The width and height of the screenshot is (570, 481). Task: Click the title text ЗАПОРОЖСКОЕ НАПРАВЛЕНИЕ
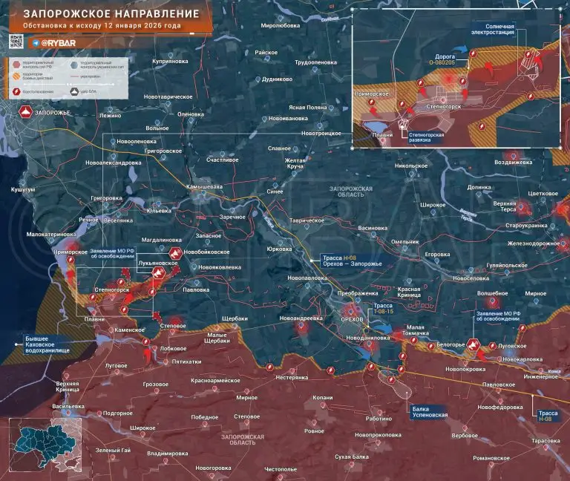pos(111,14)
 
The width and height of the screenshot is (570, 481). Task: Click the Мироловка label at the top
pos(280,25)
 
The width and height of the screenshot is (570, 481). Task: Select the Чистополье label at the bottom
pos(280,468)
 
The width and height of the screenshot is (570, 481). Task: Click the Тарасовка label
pos(546,441)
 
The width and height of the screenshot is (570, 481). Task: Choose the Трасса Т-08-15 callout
pos(382,309)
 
